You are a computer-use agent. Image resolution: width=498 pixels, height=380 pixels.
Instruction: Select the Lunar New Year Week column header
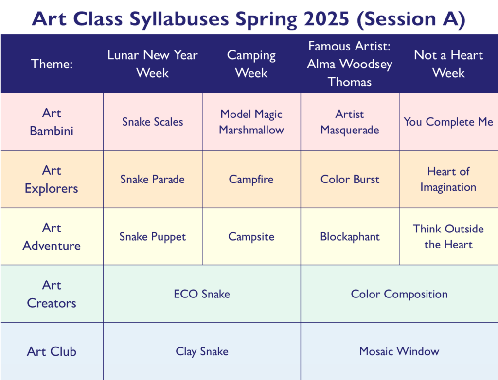pos(152,64)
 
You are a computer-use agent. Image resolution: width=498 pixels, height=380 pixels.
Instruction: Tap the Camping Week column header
pos(251,64)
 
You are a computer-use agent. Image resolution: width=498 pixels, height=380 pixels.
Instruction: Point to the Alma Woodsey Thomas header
pos(350,64)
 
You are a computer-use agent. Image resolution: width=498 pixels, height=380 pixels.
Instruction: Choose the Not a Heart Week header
pos(448,64)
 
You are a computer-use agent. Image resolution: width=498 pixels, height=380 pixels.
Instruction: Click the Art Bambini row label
pos(52,122)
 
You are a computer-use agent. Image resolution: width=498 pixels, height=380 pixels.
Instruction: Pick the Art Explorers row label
pos(52,180)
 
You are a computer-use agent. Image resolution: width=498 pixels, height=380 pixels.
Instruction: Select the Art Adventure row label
pos(52,237)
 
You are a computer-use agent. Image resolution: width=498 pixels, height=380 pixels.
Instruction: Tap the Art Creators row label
pos(52,294)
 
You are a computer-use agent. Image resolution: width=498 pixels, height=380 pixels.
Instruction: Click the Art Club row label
pos(52,351)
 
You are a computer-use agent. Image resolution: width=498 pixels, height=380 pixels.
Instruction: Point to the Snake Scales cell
pos(152,122)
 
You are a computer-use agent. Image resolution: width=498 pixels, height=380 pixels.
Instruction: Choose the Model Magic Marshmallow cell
pos(251,122)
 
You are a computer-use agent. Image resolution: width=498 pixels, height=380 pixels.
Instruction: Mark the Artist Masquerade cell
pos(350,122)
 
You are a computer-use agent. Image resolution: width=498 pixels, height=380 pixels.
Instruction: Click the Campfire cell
pos(251,180)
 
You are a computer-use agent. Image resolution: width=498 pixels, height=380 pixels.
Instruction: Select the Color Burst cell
pos(350,180)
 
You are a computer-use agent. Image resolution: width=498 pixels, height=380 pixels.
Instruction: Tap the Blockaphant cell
pos(350,237)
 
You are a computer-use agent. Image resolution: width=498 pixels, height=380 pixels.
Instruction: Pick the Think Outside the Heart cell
pos(448,237)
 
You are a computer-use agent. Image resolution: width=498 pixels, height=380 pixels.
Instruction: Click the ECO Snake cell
pos(202,294)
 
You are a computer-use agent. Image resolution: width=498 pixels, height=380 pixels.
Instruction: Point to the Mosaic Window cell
pos(399,351)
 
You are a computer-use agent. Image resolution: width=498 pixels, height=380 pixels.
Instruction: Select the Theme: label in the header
pos(52,64)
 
